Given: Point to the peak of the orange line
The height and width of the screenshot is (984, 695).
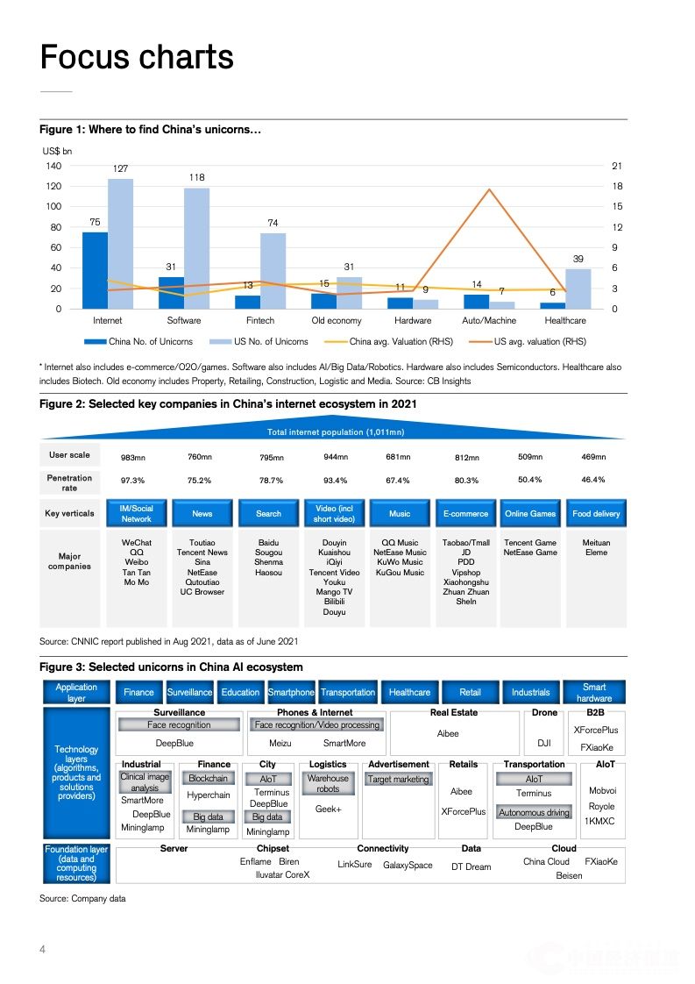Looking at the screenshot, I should coord(489,189).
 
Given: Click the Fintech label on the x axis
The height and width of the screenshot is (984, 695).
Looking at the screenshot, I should coord(260,321).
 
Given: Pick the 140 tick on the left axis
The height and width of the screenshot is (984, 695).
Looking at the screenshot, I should coord(53,166).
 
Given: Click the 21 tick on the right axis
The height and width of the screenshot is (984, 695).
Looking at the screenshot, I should coord(617,166).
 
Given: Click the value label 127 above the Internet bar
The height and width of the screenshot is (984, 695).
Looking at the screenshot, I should coord(121,168).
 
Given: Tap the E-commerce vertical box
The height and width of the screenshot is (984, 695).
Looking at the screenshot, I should coord(465,513).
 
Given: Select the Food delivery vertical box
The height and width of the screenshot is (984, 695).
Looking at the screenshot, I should coord(596,513).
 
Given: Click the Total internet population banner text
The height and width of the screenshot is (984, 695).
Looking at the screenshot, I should coord(335,432).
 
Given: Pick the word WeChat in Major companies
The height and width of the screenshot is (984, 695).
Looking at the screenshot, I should coord(137,543).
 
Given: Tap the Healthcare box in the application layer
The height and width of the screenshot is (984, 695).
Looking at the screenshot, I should coord(409,693).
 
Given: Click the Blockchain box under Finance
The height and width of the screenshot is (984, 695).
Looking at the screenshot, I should coord(208,778).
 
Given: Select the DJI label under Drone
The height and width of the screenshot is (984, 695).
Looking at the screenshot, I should coord(544,743).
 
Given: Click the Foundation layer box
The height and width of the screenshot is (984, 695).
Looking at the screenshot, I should coord(76,864).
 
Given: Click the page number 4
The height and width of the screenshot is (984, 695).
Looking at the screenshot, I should coord(42,950).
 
